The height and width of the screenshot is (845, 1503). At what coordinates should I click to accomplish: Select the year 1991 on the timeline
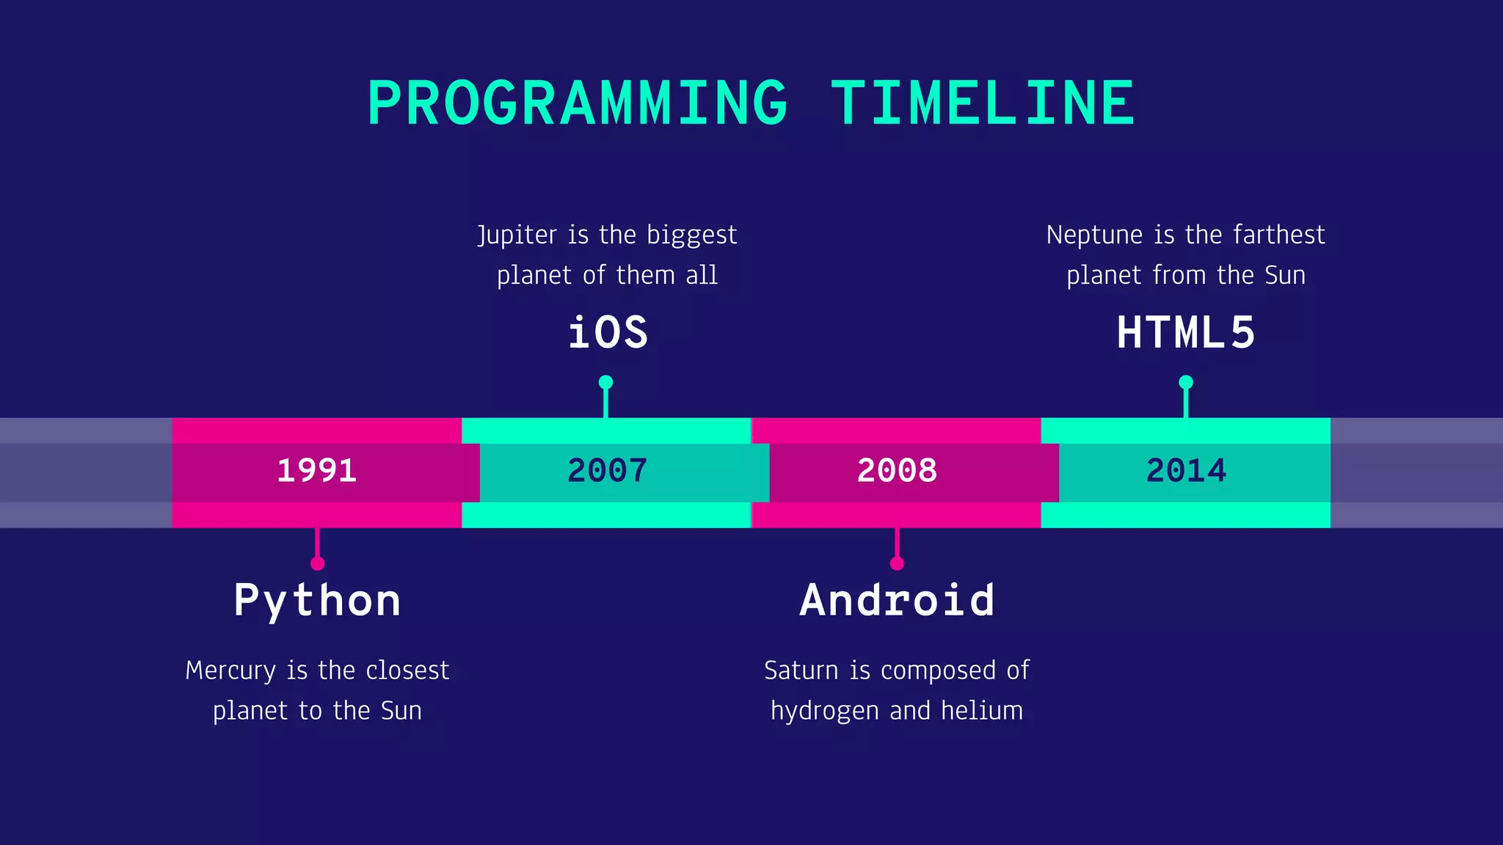[x=316, y=471]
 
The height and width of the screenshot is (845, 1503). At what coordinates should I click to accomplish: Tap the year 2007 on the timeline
[x=607, y=471]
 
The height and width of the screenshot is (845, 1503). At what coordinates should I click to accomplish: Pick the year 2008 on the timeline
[x=897, y=471]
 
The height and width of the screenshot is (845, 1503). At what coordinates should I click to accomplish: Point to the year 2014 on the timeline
[x=1186, y=471]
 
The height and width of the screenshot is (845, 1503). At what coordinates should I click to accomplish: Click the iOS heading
[x=608, y=332]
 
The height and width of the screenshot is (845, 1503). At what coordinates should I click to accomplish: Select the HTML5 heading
[x=1186, y=332]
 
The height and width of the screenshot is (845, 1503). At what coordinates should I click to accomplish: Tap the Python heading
[x=317, y=601]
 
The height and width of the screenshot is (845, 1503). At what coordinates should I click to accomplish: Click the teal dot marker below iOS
[x=605, y=382]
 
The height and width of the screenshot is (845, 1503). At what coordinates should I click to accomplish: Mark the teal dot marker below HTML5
[x=1186, y=382]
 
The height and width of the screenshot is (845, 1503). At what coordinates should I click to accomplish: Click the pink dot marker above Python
[x=317, y=563]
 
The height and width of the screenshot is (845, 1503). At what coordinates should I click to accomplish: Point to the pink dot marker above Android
[x=897, y=563]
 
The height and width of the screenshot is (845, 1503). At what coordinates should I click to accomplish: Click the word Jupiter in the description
[x=517, y=235]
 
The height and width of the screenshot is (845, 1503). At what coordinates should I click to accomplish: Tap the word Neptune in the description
[x=1094, y=235]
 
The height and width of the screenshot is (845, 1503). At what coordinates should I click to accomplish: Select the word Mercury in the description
[x=230, y=670]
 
